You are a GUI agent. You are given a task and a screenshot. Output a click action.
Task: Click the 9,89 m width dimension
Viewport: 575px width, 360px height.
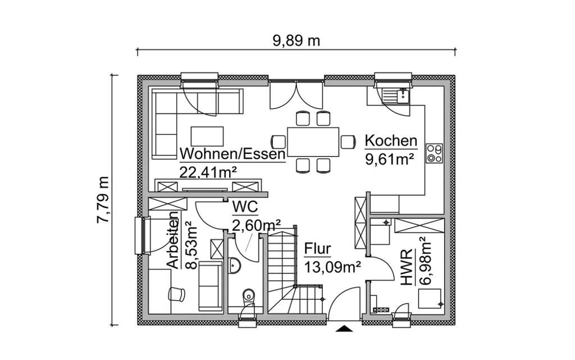[x=296, y=40]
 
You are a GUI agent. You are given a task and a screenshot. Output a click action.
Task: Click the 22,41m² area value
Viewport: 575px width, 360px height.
[x=207, y=172]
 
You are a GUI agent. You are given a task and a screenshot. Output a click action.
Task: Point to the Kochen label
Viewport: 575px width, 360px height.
[x=391, y=141]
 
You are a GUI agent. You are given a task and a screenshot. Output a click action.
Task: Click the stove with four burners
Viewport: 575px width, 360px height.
[x=434, y=153]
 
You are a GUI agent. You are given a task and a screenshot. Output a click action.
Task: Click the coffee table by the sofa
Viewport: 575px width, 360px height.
[x=208, y=135]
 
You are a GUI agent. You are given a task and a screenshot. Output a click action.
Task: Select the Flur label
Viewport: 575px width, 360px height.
[x=318, y=249]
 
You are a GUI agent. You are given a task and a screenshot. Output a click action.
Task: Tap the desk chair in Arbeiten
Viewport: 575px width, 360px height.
[x=176, y=293]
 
